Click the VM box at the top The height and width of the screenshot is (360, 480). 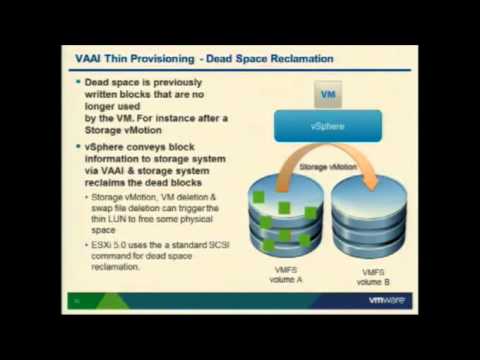pyautogui.click(x=327, y=96)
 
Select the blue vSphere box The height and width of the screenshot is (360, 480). pyautogui.click(x=327, y=128)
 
